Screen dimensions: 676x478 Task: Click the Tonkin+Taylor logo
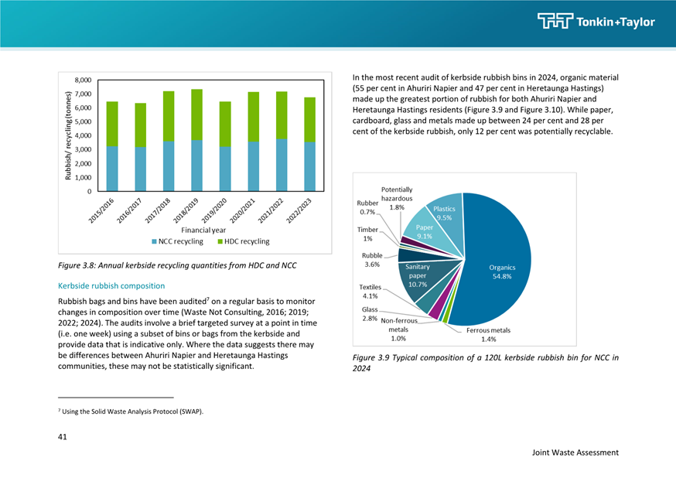tap(596, 21)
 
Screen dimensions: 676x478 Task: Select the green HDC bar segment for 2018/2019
tap(196, 114)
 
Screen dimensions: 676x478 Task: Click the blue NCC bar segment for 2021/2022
tap(282, 165)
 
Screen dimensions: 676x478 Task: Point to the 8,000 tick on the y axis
tap(83, 80)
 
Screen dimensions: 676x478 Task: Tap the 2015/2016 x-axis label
tap(101, 210)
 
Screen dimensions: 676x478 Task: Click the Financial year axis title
tap(203, 230)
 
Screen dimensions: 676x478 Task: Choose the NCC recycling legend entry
tap(177, 241)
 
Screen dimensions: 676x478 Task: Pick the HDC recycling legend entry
tap(244, 241)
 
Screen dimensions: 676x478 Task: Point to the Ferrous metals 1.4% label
tap(489, 334)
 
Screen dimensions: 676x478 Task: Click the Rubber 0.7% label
tap(367, 207)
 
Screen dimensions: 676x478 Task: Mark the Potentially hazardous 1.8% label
tap(397, 198)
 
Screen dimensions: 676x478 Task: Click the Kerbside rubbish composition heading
tap(111, 285)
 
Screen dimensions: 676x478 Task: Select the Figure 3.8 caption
tap(177, 265)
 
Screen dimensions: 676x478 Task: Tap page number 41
tap(62, 437)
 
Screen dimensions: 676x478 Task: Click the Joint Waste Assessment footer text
tap(575, 452)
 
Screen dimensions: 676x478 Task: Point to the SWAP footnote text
tap(131, 411)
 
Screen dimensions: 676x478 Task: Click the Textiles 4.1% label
tap(370, 292)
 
